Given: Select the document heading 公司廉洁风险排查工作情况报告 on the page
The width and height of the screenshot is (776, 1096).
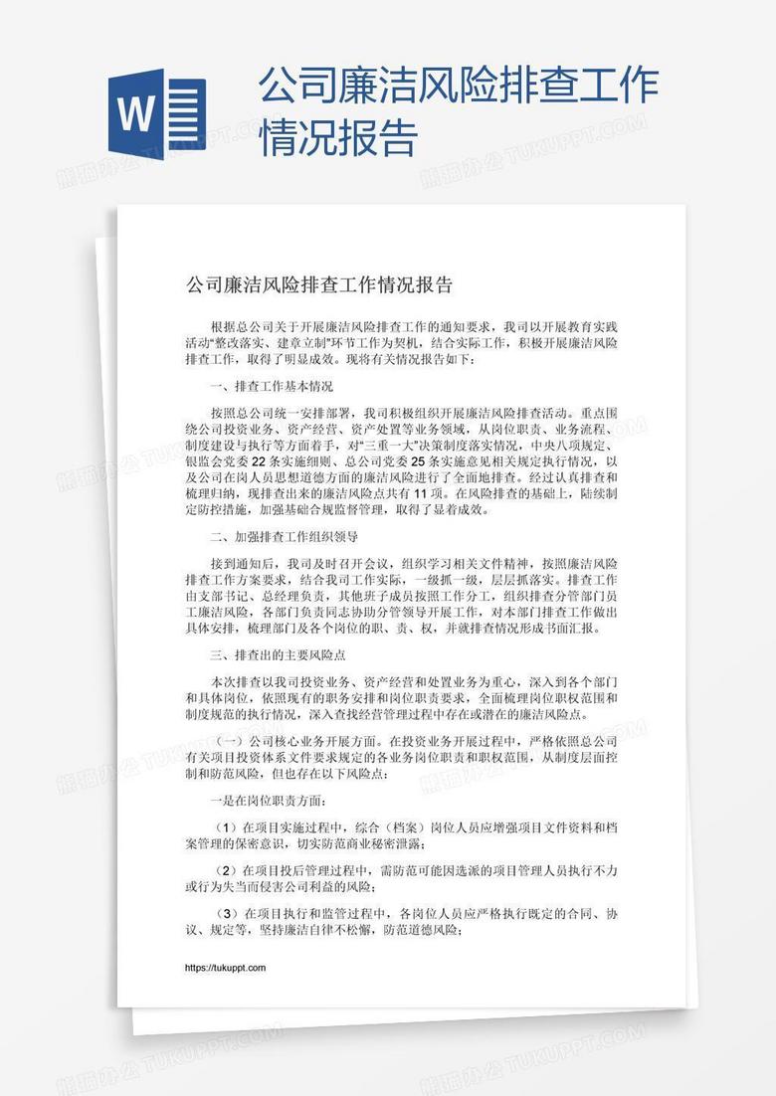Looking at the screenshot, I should (x=319, y=285).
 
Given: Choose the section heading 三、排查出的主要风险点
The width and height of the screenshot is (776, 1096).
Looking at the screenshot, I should (x=278, y=655).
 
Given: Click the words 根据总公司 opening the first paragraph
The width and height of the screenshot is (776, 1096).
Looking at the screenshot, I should (x=241, y=326).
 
